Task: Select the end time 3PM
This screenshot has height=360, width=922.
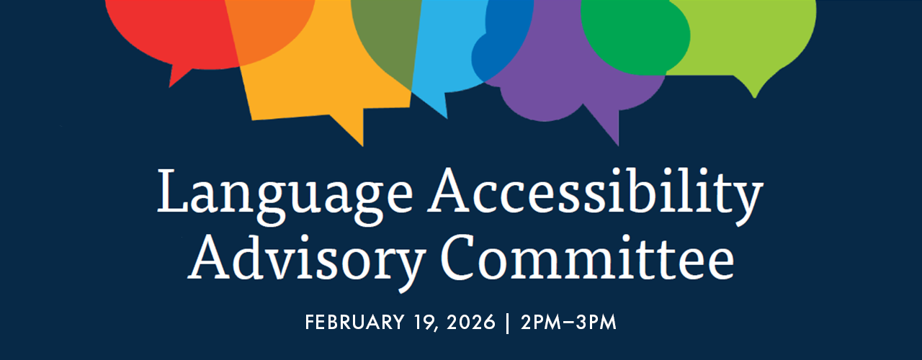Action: point(595,323)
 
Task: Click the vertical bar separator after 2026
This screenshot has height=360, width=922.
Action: point(507,323)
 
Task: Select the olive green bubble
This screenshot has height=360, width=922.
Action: point(382,43)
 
